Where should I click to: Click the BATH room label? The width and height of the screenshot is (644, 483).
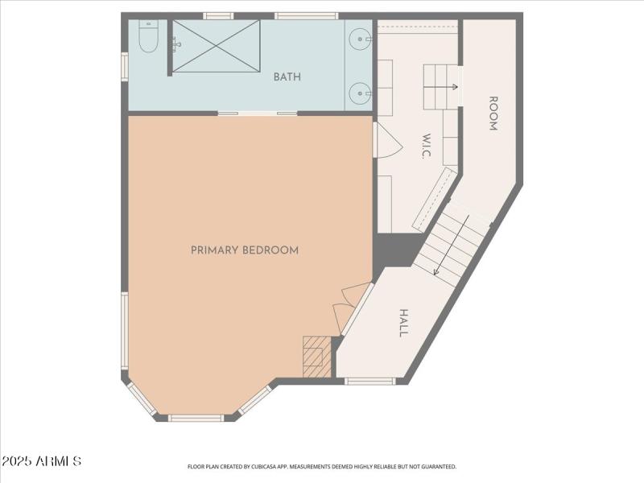click(x=287, y=77)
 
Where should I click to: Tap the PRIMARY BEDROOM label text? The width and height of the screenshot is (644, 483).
click(x=245, y=250)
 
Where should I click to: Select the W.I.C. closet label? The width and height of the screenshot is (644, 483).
click(x=427, y=147)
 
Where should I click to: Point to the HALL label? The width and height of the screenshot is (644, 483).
click(x=404, y=323)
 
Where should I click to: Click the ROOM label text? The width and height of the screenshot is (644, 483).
click(x=493, y=114)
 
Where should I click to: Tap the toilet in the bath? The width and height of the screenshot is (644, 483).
click(x=148, y=38)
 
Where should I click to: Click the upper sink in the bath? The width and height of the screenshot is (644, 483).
click(x=360, y=38)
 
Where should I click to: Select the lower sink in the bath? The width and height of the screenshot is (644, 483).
click(x=359, y=93)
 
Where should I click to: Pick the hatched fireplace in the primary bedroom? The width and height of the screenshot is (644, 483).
click(x=317, y=357)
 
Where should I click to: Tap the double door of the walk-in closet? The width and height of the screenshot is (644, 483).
click(x=386, y=141)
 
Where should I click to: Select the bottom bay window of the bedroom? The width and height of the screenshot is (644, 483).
click(x=196, y=418)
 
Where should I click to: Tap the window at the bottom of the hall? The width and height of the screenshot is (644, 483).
click(x=369, y=381)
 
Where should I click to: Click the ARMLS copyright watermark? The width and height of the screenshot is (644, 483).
click(x=41, y=461)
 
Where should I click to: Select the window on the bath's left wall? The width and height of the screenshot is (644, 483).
click(x=125, y=66)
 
